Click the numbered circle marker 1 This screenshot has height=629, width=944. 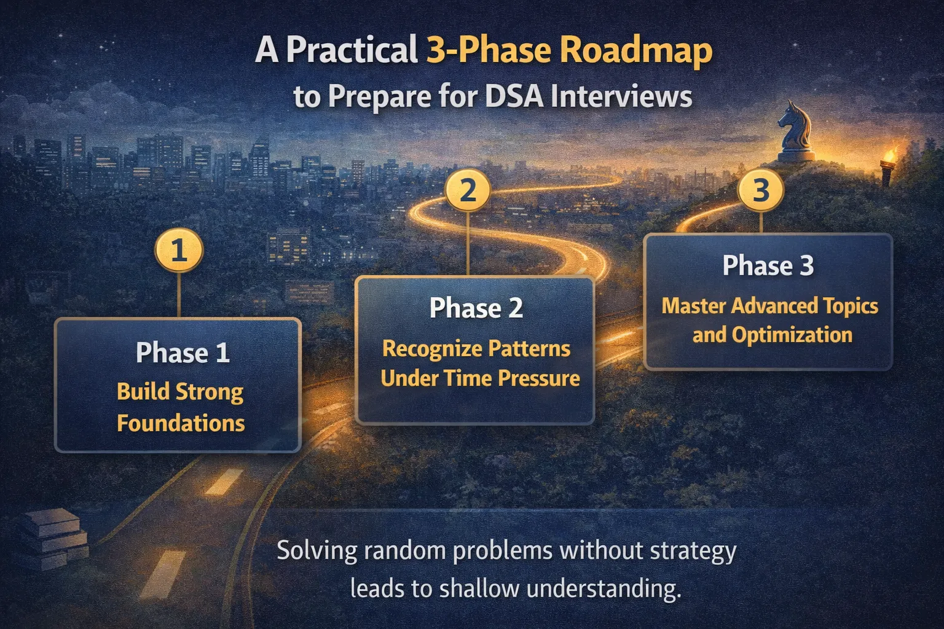click(179, 251)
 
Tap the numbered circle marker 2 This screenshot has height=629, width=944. click(468, 190)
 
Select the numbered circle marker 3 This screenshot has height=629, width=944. click(761, 190)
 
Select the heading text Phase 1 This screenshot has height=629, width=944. click(183, 353)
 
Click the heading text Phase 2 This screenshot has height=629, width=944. click(476, 308)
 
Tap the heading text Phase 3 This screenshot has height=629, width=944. click(768, 265)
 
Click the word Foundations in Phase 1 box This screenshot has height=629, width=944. click(181, 423)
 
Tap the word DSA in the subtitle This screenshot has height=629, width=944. click(513, 96)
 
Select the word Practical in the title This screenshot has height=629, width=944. click(352, 50)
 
